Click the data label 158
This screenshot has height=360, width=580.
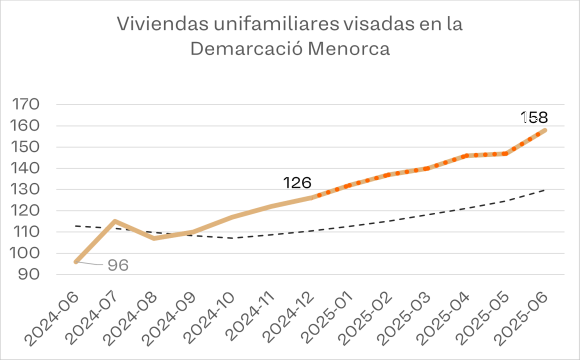pos(534,118)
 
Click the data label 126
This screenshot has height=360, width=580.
pos(297,183)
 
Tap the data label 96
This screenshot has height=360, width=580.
pos(118,265)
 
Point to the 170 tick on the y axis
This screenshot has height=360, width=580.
pos(26,104)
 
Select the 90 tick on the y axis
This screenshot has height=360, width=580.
pos(28,275)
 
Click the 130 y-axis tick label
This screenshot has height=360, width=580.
pos(26,189)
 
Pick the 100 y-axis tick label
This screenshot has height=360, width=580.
pos(26,253)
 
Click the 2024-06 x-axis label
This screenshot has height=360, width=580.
pos(52,318)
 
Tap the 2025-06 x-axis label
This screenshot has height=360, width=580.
pos(521,318)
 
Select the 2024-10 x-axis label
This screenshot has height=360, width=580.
pos(208,318)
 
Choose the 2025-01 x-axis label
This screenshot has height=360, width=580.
pos(326,318)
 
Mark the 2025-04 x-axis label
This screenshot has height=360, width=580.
pos(443,318)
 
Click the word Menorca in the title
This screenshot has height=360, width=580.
pos(349,49)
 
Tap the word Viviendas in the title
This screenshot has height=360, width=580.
pos(162,24)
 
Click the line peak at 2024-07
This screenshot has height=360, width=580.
pos(115,221)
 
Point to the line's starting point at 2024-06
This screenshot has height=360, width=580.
pos(76,262)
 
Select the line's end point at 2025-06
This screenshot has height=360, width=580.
pos(544,130)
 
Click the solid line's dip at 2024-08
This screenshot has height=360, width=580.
pos(154,238)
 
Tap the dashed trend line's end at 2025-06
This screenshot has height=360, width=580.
pos(544,190)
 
